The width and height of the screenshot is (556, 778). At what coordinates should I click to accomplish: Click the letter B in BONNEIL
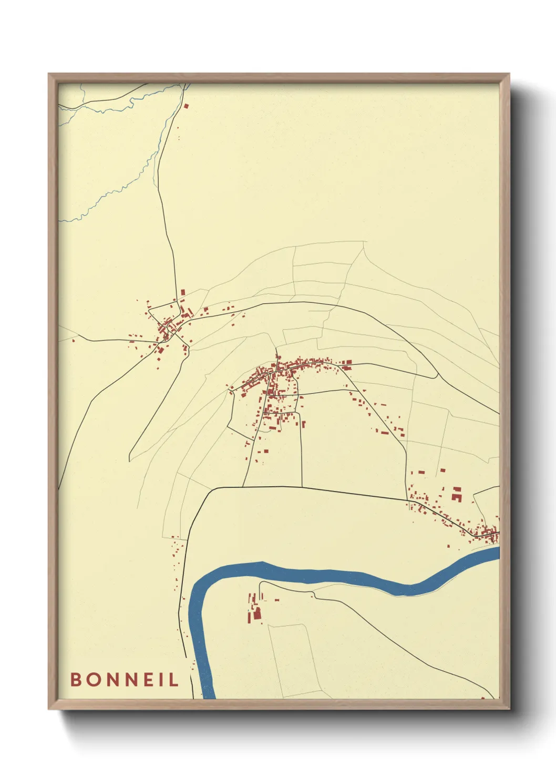(x=76, y=679)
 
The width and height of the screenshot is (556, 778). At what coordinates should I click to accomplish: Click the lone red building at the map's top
(x=186, y=106)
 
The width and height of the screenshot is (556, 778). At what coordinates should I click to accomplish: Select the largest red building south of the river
(x=258, y=613)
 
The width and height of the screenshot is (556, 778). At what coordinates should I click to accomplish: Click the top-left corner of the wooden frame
(x=49, y=74)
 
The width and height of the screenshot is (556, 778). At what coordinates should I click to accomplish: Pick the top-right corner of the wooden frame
(x=509, y=74)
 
